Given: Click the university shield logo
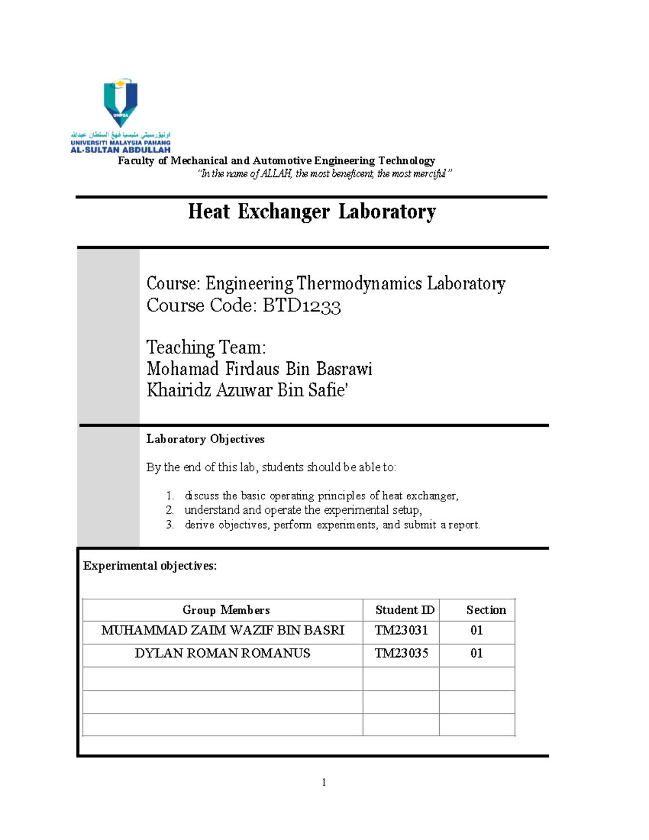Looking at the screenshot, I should tap(121, 103).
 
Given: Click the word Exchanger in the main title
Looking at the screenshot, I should tap(283, 211).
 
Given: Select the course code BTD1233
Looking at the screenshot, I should tap(302, 306).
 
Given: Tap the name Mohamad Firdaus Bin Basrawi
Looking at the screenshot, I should tap(259, 369).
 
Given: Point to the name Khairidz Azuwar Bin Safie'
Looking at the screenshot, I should tap(247, 390).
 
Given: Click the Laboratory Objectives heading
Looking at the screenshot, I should tap(205, 439).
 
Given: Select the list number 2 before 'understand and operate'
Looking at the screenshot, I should tap(170, 510).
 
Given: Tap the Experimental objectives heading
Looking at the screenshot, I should tap(150, 566).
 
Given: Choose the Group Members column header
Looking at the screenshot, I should tap(226, 610).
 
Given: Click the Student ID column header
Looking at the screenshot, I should tap(405, 610).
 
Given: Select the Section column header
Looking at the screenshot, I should tap(486, 610).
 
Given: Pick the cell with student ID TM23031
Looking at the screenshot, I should tap(401, 631).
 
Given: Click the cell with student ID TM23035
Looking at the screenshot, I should tap(401, 653).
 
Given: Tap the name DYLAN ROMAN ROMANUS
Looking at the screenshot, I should tap(222, 653).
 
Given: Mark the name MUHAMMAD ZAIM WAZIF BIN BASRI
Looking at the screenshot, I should tap(222, 631).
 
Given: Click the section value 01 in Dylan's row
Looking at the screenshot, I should tap(476, 653).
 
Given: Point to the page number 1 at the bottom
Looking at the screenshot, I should tap(323, 782).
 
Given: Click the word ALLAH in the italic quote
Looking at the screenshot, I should tap(276, 174).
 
